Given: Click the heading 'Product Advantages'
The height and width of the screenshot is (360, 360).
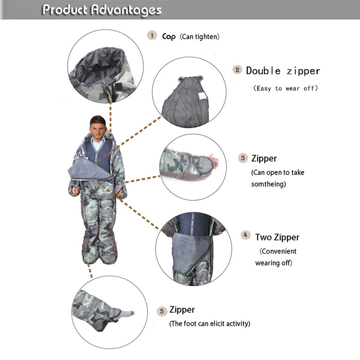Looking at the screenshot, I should [102, 10].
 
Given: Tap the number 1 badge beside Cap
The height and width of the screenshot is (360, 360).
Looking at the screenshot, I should [152, 35].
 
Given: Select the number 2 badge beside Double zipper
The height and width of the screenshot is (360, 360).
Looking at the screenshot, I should [238, 70].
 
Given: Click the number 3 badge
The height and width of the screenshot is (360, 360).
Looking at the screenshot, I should [243, 158].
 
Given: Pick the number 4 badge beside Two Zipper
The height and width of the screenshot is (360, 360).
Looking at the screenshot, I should [245, 235].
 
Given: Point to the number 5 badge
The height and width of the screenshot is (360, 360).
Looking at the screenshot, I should [162, 311].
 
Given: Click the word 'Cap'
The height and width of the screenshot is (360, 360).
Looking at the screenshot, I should [169, 36].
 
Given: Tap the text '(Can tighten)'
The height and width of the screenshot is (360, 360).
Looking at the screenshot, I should [200, 37].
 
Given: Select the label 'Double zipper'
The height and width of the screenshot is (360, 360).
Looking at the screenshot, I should [283, 71].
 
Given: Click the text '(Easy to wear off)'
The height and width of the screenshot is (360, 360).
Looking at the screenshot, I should [285, 88].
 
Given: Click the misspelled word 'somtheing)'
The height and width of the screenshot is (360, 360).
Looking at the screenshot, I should [268, 184].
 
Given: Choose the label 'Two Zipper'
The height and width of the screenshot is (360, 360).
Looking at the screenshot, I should [277, 237].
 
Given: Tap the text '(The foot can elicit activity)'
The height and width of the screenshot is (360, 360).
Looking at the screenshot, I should [209, 324].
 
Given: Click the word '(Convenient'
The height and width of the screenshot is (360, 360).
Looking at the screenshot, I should [278, 251].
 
